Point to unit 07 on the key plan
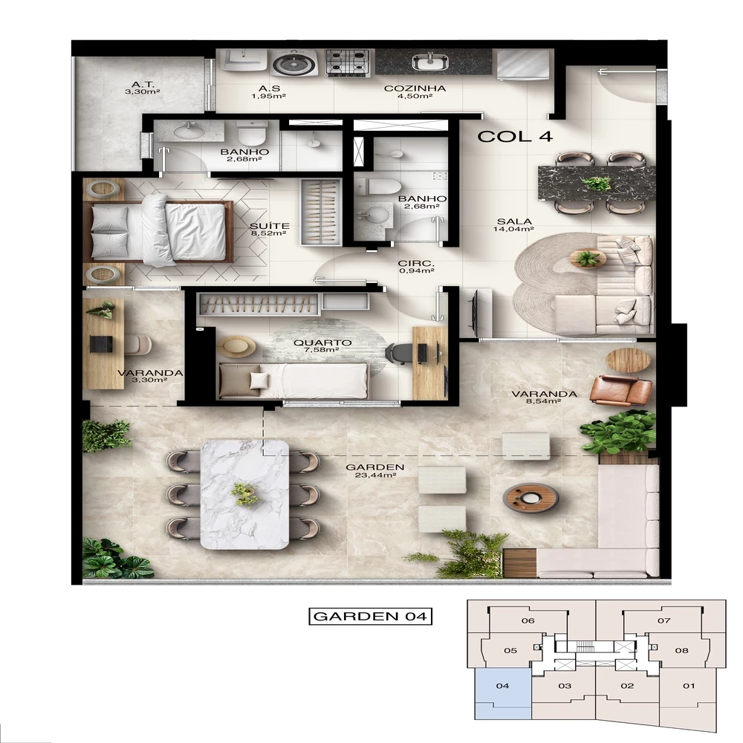663,621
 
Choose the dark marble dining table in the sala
597,182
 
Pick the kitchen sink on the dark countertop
432,62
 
